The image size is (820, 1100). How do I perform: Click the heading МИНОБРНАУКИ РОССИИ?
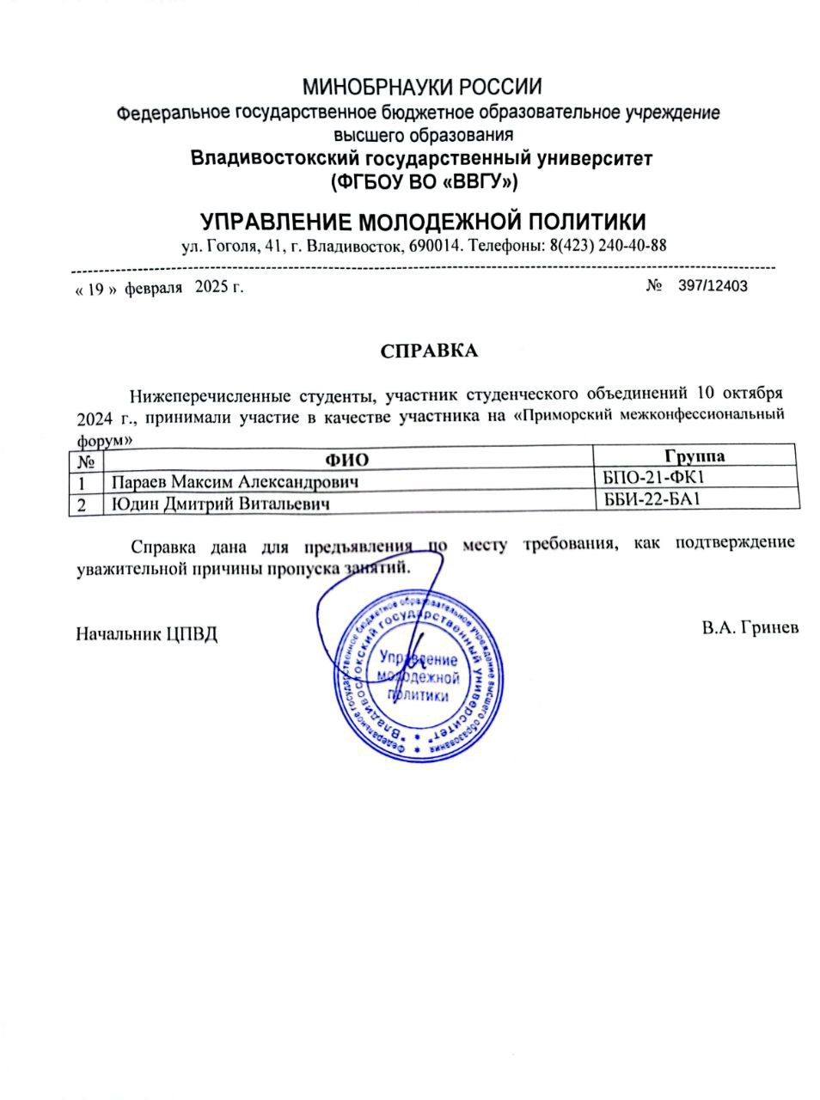[x=421, y=87]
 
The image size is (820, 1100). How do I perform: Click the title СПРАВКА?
[x=427, y=351]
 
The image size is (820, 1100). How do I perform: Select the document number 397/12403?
[x=713, y=286]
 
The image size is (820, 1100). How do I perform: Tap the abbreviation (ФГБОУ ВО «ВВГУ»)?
[x=422, y=181]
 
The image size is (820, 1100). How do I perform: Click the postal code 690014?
[x=440, y=245]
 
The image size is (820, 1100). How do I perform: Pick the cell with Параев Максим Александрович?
[x=229, y=481]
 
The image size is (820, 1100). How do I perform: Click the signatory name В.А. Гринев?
[x=750, y=627]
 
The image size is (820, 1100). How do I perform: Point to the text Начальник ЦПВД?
[x=147, y=634]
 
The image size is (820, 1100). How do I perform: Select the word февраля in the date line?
[x=154, y=288]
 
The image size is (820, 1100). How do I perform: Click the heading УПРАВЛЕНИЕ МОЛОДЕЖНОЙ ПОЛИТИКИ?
[x=422, y=220]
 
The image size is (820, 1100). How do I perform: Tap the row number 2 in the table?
[x=83, y=505]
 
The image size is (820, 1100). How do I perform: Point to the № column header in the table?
[x=84, y=461]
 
